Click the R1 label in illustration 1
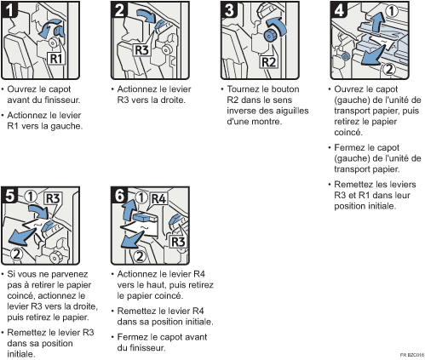coord(54,60)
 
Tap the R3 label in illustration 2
coord(125,49)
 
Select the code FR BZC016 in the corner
coord(411,353)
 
